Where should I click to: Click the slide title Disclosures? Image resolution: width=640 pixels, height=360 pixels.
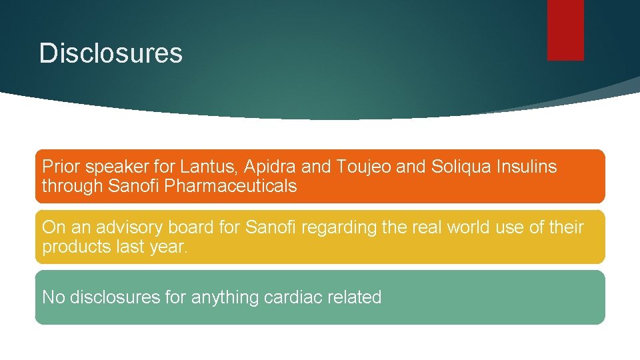point(111,53)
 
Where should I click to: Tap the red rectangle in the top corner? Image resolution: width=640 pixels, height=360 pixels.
point(565,29)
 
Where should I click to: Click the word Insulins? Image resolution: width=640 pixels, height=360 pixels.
point(527,167)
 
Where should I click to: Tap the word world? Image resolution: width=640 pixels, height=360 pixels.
point(471,227)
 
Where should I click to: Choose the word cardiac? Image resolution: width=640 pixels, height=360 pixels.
point(293,297)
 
